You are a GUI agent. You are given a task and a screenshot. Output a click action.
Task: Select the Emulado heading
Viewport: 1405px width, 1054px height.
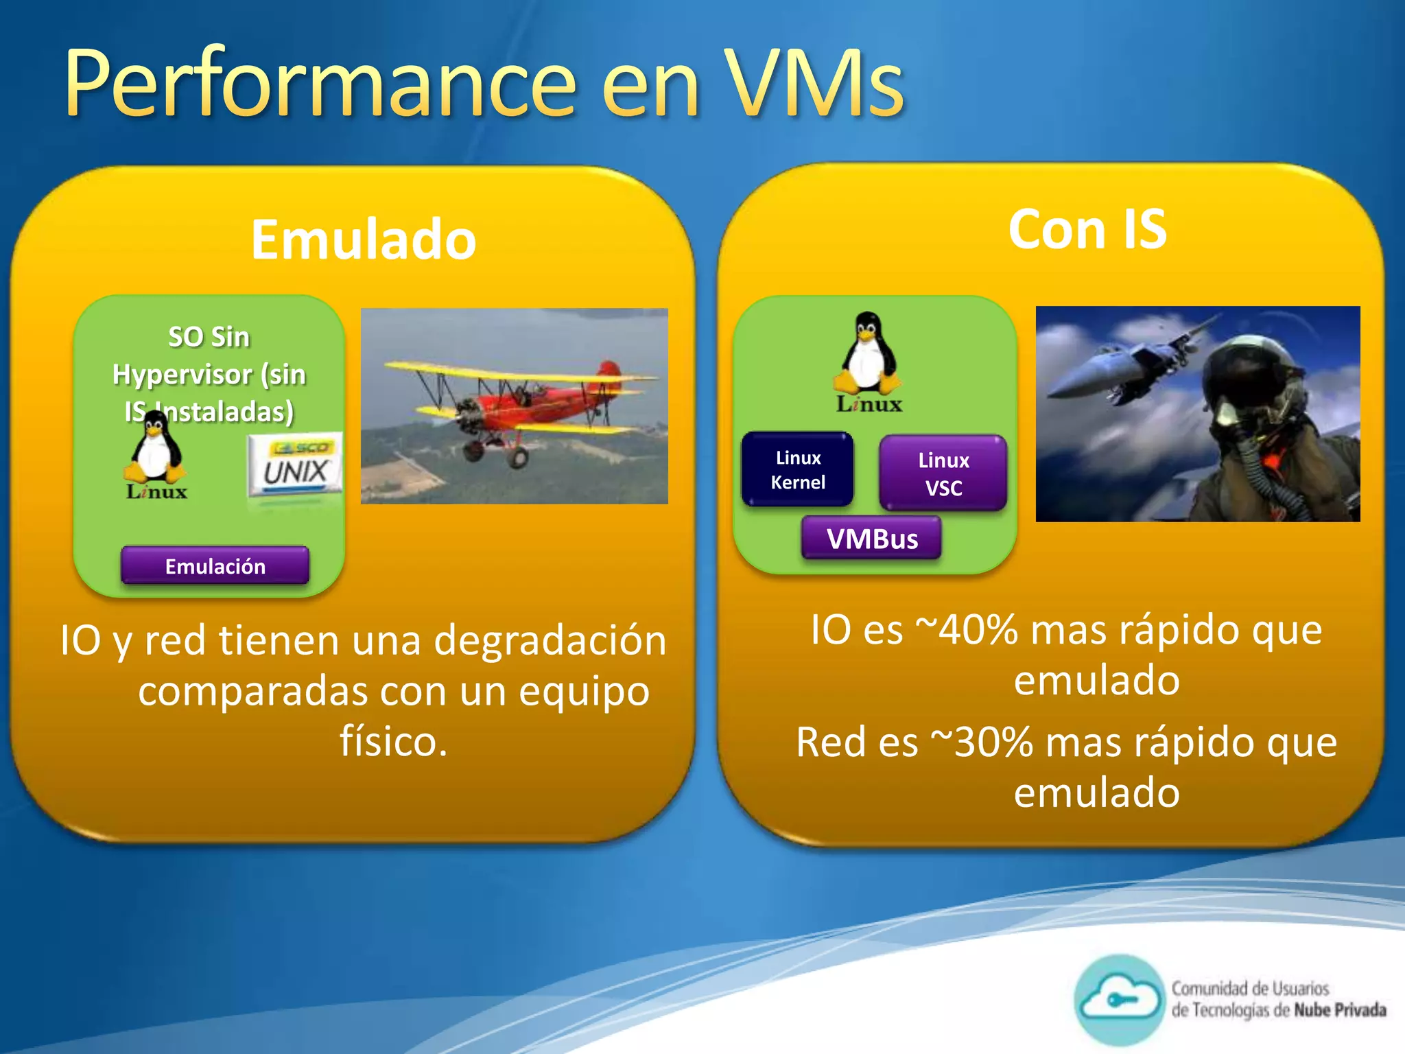(363, 239)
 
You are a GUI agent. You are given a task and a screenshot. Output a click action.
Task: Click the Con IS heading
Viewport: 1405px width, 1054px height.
(1087, 230)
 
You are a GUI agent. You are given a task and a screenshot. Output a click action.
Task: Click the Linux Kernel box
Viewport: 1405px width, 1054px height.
(798, 470)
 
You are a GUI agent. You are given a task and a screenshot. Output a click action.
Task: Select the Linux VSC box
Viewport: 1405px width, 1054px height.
(943, 473)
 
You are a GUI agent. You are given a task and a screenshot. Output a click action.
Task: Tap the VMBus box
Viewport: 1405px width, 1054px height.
(872, 539)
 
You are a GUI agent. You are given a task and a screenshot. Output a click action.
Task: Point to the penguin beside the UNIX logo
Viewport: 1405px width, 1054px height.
(155, 449)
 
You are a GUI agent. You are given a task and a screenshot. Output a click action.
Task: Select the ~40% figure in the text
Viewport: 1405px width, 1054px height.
(967, 630)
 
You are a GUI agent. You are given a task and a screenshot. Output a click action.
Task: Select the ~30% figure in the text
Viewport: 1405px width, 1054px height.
(981, 742)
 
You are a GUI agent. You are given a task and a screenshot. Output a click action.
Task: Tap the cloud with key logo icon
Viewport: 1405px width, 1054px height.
(1118, 1000)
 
